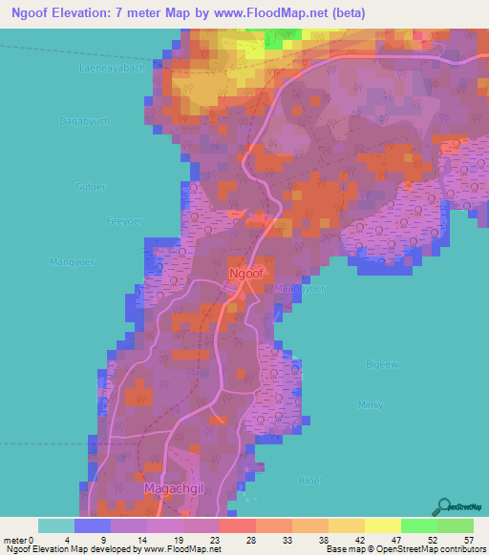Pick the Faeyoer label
click(x=123, y=220)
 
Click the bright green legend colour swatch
click(x=418, y=525)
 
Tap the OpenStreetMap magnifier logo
click(x=446, y=505)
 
